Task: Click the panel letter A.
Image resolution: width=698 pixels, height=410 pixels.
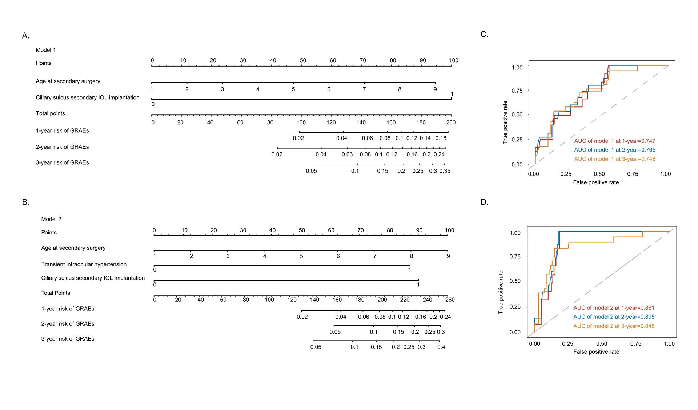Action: [25, 36]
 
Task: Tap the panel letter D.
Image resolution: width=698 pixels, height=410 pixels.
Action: [484, 202]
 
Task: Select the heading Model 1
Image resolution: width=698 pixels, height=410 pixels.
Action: [46, 50]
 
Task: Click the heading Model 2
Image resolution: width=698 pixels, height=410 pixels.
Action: [51, 219]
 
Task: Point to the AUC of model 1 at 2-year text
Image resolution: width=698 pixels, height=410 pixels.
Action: [615, 150]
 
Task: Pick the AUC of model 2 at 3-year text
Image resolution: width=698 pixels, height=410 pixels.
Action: [614, 326]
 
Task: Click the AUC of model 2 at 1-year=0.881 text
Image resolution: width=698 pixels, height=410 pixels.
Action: [614, 307]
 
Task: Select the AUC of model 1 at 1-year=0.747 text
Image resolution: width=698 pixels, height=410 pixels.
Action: [615, 141]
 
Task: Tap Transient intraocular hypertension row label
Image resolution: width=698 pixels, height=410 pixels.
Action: [84, 264]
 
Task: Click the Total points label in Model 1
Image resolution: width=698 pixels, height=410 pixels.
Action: [51, 113]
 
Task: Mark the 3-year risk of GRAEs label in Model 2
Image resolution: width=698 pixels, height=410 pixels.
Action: [68, 339]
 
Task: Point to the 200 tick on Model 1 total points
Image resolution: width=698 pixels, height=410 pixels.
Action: [451, 122]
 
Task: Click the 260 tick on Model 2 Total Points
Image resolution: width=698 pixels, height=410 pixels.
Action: [450, 300]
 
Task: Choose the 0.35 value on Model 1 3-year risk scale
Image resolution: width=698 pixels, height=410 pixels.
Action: [445, 171]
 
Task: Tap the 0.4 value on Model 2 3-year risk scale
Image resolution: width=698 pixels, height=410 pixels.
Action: [441, 347]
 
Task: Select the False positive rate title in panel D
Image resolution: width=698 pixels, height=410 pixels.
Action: [596, 351]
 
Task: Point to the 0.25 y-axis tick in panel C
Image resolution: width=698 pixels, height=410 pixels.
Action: [517, 140]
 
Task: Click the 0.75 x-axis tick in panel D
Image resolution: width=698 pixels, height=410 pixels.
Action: [635, 343]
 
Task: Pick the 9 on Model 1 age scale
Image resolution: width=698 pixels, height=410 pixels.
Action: [435, 89]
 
